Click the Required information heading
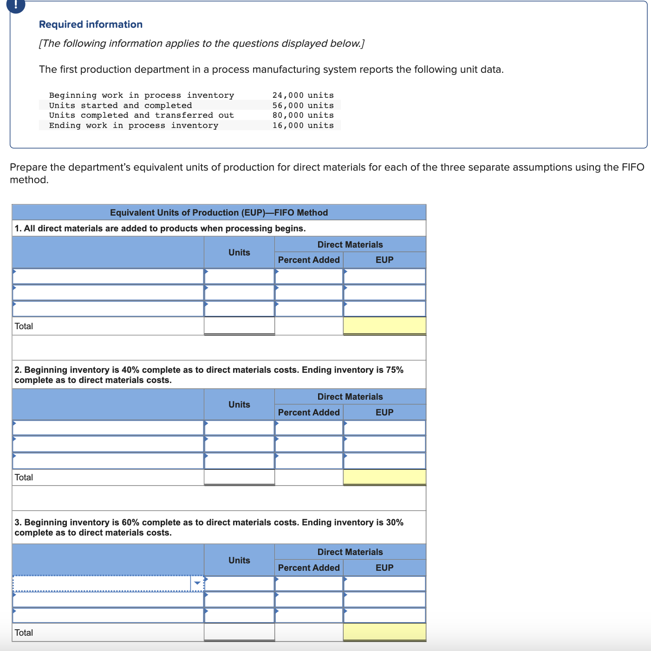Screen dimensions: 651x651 [x=91, y=25]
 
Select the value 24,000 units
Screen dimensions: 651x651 [x=303, y=95]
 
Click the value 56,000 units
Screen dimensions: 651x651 [x=303, y=105]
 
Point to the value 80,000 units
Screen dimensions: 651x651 [x=303, y=115]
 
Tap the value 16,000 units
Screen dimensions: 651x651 [x=303, y=125]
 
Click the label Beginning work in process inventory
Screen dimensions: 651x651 [x=142, y=95]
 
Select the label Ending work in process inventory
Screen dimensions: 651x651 [x=134, y=125]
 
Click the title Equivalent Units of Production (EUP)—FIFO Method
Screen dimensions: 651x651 [x=219, y=212]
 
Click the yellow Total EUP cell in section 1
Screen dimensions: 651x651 [x=384, y=325]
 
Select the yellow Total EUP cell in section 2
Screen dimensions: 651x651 [x=384, y=477]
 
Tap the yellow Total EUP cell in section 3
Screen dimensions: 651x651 [x=384, y=632]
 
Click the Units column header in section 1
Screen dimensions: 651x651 [x=239, y=252]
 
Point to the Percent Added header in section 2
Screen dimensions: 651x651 [x=309, y=412]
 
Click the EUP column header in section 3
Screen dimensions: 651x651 [x=384, y=568]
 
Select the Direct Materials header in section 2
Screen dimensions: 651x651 [x=350, y=396]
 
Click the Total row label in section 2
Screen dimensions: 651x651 [x=24, y=477]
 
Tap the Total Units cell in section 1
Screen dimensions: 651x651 [x=239, y=325]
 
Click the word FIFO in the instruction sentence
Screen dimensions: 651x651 [x=632, y=167]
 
